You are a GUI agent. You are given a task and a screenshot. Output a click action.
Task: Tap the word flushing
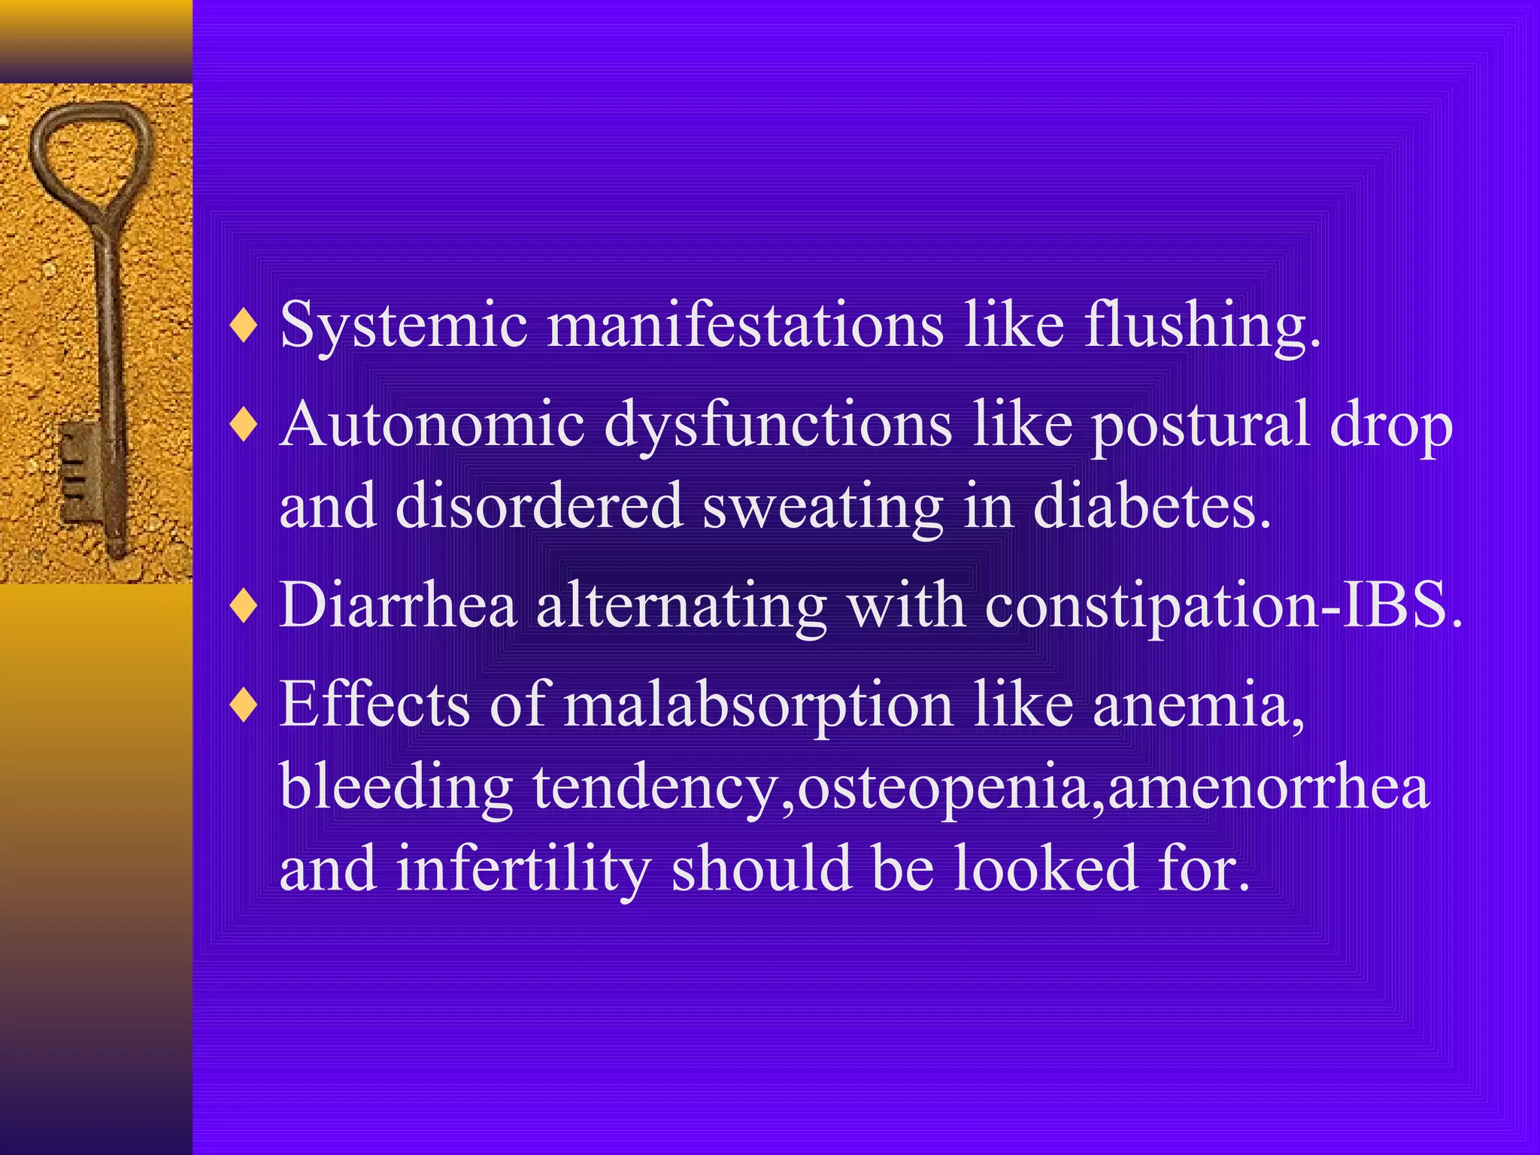point(1202,325)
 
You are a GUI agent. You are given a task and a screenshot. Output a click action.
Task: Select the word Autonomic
point(432,425)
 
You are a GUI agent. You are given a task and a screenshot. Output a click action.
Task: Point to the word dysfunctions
point(778,425)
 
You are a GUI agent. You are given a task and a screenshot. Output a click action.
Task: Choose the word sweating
point(823,508)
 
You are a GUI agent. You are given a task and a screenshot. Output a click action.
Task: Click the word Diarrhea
point(399,605)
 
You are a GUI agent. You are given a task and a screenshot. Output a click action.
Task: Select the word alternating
point(681,605)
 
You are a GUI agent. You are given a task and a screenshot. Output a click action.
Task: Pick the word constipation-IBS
point(1223,605)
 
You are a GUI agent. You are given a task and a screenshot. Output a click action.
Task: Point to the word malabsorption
point(759,705)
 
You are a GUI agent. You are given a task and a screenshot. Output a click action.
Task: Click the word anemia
point(1199,705)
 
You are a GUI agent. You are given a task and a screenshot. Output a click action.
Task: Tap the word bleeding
point(397,788)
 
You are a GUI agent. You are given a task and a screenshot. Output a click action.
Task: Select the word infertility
point(523,869)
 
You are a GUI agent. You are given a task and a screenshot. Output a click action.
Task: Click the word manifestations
point(745,325)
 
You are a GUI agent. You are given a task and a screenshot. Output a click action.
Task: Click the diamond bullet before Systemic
point(244,326)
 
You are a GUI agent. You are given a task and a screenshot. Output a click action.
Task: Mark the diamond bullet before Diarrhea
point(244,606)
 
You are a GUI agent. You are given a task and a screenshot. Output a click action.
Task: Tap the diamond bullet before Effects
point(244,706)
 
